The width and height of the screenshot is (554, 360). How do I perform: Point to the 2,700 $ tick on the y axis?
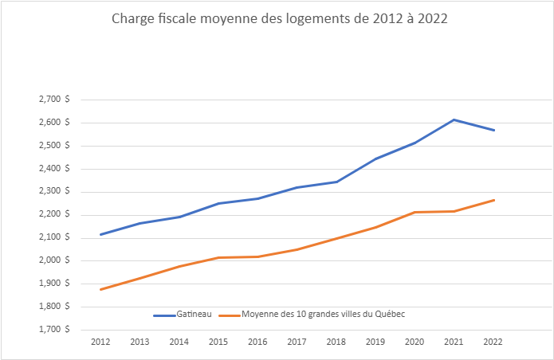[53, 100]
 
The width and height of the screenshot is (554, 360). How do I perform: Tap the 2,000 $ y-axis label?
[53, 260]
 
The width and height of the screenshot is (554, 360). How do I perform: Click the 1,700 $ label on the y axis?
[53, 329]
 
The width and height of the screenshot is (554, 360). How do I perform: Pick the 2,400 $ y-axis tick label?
[53, 169]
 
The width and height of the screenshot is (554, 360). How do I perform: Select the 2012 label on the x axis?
[100, 342]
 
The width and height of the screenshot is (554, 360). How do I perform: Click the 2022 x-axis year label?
[493, 342]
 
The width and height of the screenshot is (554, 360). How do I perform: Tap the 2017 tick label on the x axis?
[297, 342]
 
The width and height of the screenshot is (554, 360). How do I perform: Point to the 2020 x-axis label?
[415, 342]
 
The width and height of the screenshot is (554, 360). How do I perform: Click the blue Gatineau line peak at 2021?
[454, 119]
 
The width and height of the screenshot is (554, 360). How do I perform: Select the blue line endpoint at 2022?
[493, 130]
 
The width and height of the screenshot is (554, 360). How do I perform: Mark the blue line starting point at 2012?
[100, 234]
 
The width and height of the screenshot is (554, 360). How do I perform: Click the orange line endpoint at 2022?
[493, 200]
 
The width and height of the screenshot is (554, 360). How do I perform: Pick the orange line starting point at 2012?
[100, 289]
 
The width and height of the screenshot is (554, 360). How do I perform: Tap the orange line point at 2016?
[257, 256]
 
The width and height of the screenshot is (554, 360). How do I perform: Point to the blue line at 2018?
[336, 182]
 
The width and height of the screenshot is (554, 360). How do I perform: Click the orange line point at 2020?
[415, 212]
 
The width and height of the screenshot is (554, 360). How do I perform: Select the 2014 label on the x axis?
[179, 342]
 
